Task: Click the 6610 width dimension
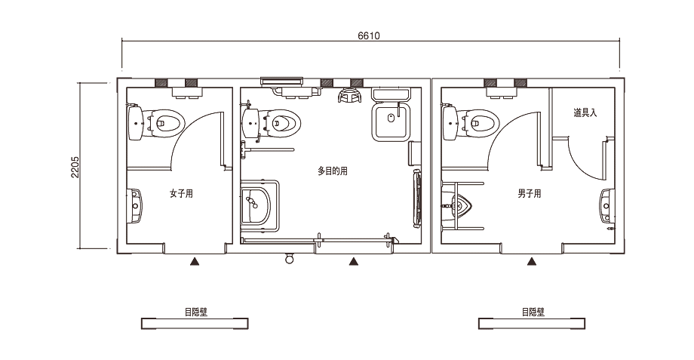pos(369,36)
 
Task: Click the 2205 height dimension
pos(75,167)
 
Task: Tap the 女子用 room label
pos(182,193)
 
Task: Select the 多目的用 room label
pos(333,171)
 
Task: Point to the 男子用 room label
pos(530,193)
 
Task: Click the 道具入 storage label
pos(585,113)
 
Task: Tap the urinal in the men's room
pos(458,206)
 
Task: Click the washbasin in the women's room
pos(135,206)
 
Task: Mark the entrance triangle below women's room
pos(195,262)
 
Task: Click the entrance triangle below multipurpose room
pos(353,262)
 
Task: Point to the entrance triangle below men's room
pos(532,262)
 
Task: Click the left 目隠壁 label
pos(196,312)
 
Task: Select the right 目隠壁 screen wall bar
pos(532,324)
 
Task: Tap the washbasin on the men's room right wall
pos(607,206)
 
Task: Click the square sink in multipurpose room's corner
pos(392,122)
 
